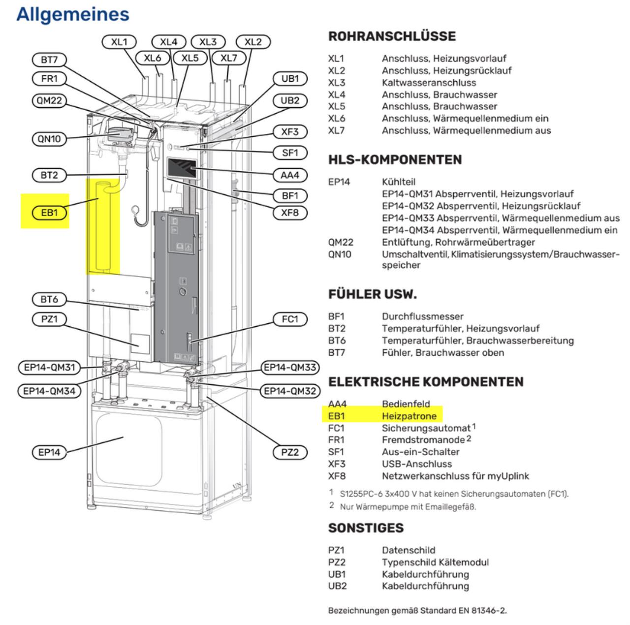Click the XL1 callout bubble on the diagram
119,42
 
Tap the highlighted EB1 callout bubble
49,213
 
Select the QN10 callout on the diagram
49,139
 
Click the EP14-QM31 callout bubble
49,367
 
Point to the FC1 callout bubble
290,319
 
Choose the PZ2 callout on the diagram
290,452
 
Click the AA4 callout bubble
290,175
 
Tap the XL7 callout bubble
228,58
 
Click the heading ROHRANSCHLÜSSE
392,36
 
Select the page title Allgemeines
73,14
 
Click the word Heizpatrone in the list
409,416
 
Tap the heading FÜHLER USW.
372,294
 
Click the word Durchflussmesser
422,316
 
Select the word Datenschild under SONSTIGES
409,550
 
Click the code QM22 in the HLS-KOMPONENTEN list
341,242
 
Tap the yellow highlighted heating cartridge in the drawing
104,226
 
